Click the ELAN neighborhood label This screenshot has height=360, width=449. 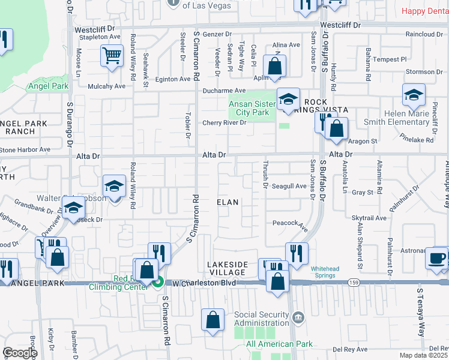[x=228, y=219]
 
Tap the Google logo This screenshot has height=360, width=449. [x=19, y=352]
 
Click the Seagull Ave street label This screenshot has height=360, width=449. [x=290, y=186]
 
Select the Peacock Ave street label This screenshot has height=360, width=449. [x=291, y=224]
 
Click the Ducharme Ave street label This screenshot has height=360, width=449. [x=224, y=91]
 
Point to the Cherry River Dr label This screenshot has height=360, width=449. [x=224, y=122]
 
